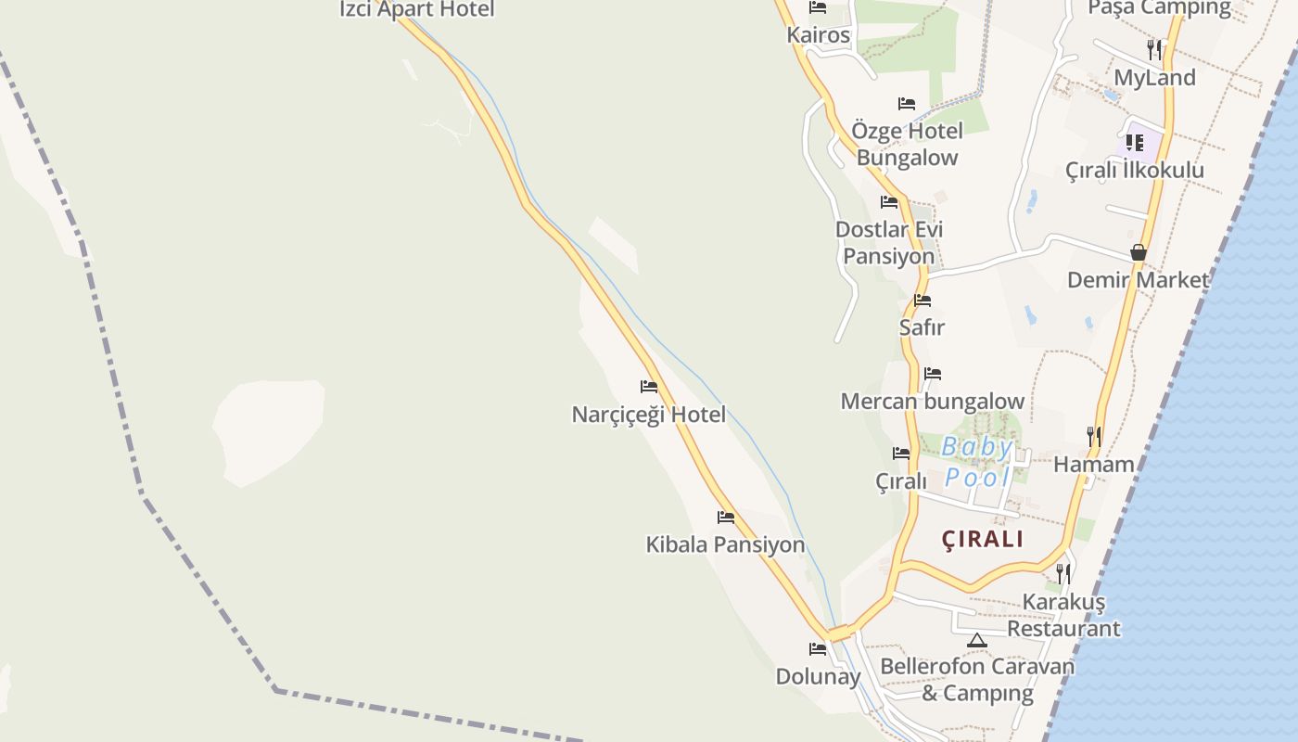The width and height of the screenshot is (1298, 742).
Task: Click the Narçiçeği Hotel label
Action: pyautogui.click(x=648, y=415)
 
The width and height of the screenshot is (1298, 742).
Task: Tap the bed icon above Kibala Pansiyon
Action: pyautogui.click(x=726, y=518)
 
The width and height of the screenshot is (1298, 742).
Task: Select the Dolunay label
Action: pyautogui.click(x=818, y=677)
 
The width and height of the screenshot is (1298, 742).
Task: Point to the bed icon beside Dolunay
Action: pyautogui.click(x=817, y=649)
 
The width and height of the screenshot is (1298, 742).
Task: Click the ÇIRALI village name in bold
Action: pyautogui.click(x=983, y=539)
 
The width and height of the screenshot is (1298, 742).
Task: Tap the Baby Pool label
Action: pyautogui.click(x=977, y=462)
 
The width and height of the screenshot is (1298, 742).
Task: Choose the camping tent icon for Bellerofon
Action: pyautogui.click(x=976, y=640)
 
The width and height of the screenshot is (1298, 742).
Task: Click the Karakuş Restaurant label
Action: pyautogui.click(x=1063, y=615)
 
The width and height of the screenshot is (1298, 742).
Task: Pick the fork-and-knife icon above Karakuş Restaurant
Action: pyautogui.click(x=1063, y=573)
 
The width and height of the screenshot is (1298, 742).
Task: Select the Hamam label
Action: pyautogui.click(x=1094, y=465)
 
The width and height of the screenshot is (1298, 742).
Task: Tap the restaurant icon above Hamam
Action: pyautogui.click(x=1094, y=435)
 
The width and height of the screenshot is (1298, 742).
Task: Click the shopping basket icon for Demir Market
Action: pyautogui.click(x=1138, y=252)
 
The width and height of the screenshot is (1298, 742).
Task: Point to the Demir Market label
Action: pyautogui.click(x=1138, y=280)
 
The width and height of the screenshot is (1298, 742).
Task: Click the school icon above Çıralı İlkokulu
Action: pyautogui.click(x=1134, y=143)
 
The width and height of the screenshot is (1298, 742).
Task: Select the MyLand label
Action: pyautogui.click(x=1154, y=78)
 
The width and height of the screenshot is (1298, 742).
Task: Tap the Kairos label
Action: pyautogui.click(x=818, y=35)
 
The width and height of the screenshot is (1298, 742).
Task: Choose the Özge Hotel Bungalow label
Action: pyautogui.click(x=907, y=144)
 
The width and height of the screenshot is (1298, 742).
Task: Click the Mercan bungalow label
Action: pyautogui.click(x=932, y=402)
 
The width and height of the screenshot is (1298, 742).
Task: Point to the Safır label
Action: pyautogui.click(x=922, y=327)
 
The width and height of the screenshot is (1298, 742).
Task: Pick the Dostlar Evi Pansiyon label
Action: pyautogui.click(x=888, y=243)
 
